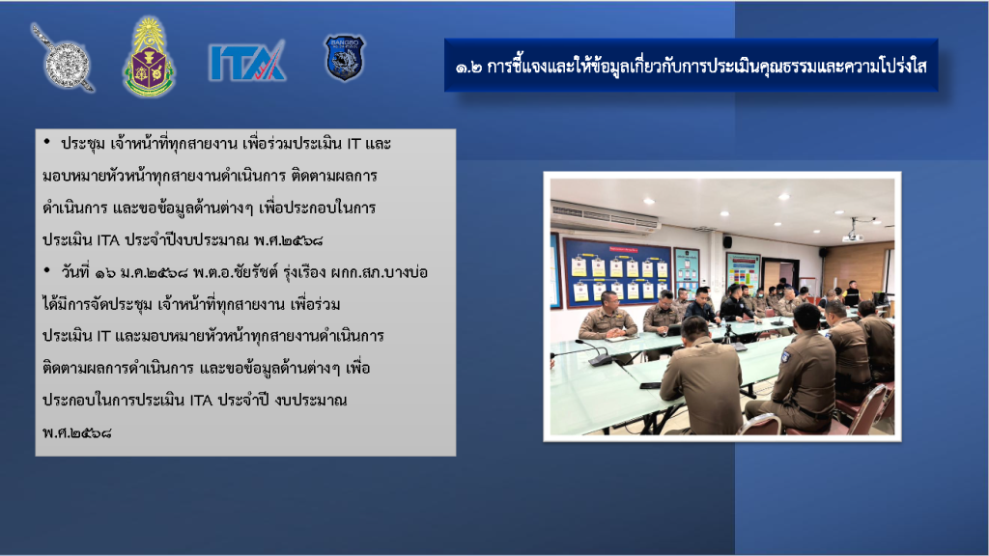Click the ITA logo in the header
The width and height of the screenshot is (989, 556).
(x=246, y=61)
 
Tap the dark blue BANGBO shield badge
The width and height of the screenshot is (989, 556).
(x=345, y=57)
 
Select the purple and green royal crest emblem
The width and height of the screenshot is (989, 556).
(x=149, y=57)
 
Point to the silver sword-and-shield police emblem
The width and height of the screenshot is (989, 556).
(x=63, y=58)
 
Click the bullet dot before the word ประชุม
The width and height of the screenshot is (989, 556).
(x=46, y=142)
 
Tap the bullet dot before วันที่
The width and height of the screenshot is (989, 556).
(x=46, y=270)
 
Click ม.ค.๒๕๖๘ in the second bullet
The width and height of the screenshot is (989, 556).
(x=154, y=273)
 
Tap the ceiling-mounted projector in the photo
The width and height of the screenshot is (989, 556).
(x=853, y=236)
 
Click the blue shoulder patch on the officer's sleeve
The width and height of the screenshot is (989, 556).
(x=785, y=356)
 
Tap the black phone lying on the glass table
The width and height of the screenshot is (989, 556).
(x=650, y=385)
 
